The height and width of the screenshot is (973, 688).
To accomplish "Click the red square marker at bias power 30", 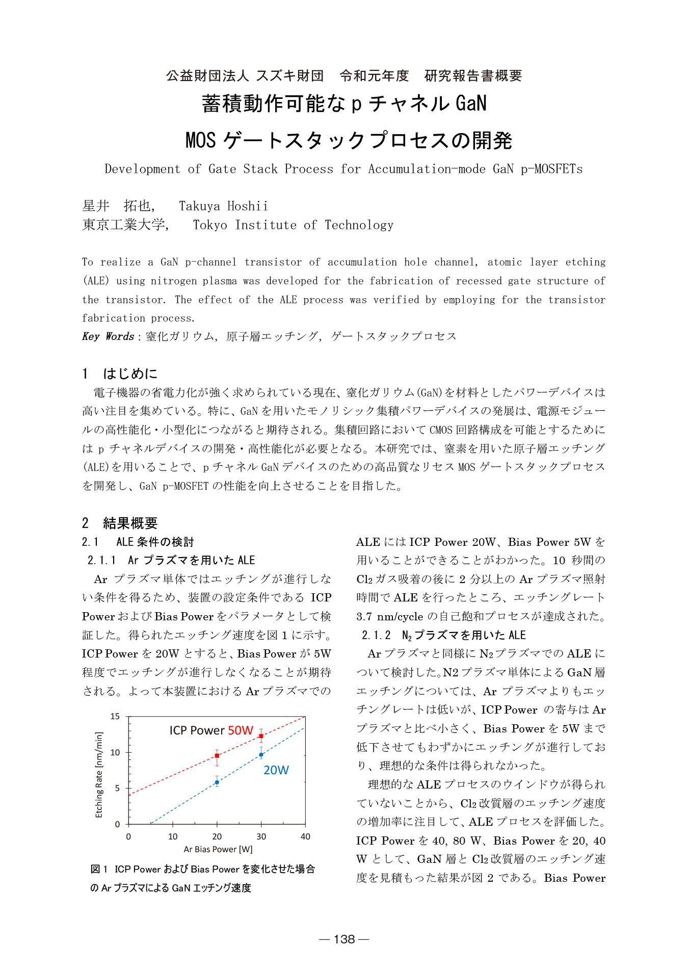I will point(261,736).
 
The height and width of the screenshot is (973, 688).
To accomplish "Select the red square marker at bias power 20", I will point(217,755).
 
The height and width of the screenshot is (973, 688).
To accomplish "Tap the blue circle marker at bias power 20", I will point(217,782).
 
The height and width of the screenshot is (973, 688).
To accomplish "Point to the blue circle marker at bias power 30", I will point(261,755).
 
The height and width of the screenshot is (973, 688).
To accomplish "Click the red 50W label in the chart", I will point(241,730).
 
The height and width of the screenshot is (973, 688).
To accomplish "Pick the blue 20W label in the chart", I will point(276,770).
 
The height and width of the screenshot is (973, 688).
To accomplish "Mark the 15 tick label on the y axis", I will point(115,717).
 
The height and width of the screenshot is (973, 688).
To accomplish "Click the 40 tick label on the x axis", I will point(305,836).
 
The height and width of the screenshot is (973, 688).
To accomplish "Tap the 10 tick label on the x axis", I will point(173,836).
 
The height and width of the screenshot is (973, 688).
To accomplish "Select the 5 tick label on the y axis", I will point(117,788).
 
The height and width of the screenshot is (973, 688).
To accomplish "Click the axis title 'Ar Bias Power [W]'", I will point(218,849).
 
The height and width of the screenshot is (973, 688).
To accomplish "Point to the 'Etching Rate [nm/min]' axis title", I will point(99,775).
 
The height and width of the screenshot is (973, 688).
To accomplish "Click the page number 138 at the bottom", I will point(344,939).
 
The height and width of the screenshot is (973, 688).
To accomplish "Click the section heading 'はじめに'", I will point(130,374).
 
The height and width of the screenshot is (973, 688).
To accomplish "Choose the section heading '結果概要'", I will point(130,523).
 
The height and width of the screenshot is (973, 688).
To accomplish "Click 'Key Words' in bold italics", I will point(108,336).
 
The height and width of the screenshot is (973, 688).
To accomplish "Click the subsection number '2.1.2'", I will point(376,635).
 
